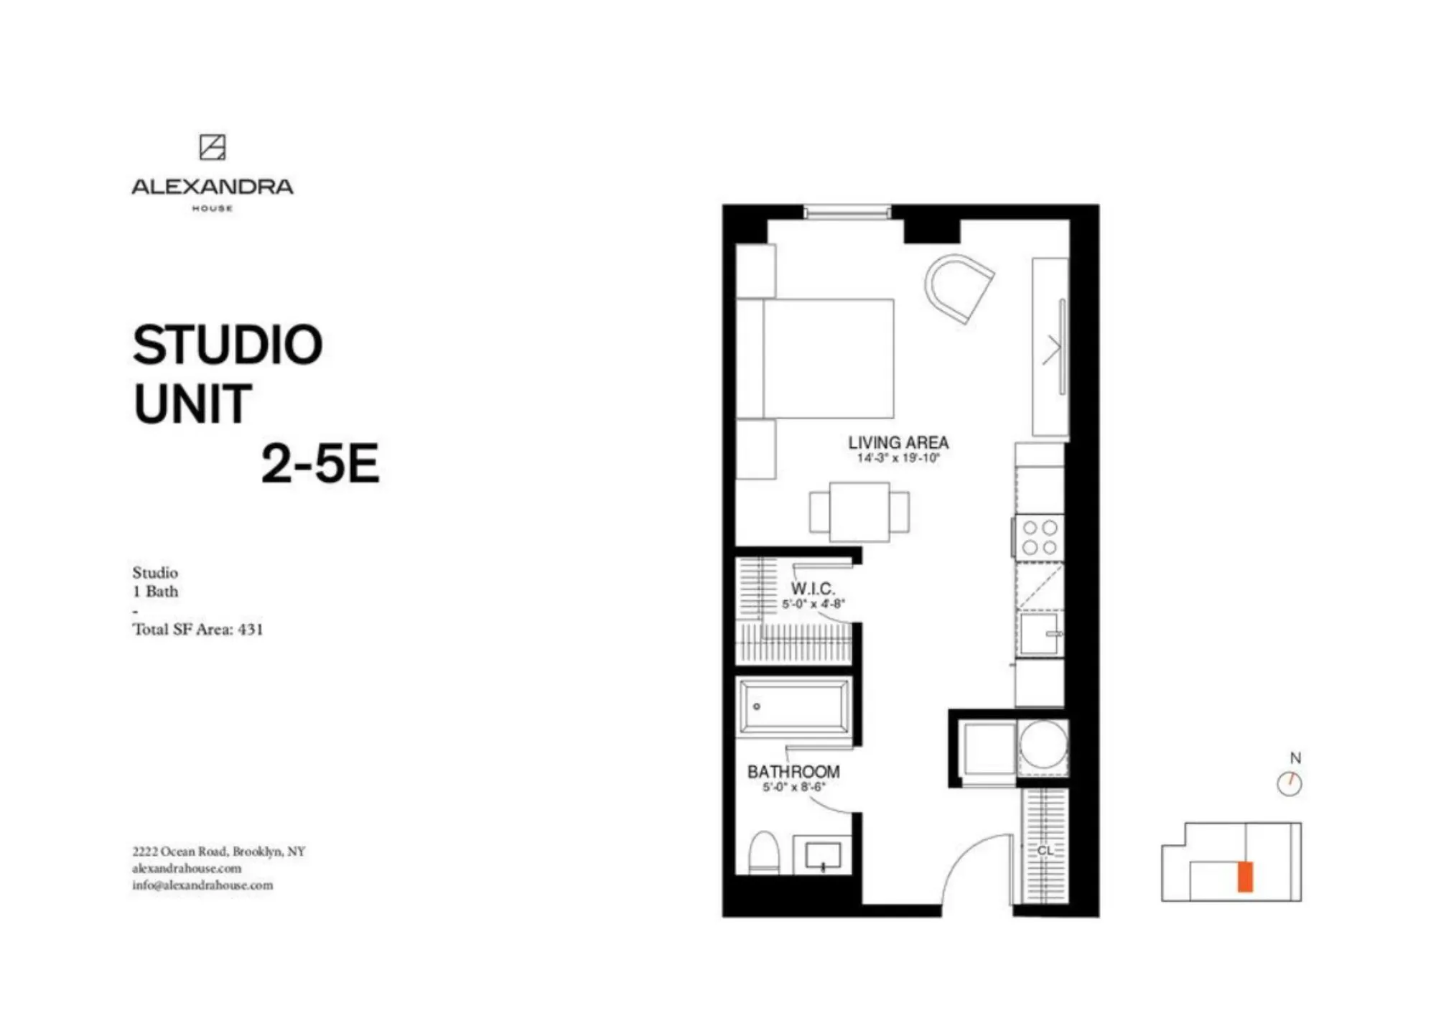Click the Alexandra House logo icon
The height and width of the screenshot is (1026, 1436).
[x=212, y=147]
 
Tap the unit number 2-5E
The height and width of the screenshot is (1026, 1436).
[x=320, y=464]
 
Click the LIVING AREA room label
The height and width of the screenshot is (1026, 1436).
[x=898, y=442]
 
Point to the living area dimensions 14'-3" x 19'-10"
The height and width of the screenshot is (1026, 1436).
[x=898, y=458]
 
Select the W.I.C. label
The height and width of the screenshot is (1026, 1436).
[x=813, y=589]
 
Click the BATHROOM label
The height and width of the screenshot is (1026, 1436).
[x=793, y=772]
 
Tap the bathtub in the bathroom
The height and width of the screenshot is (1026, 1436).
[x=794, y=706]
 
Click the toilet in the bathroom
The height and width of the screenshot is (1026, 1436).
[x=763, y=853]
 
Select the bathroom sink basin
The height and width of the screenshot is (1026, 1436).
[x=823, y=855]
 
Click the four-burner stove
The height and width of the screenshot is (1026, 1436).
[x=1040, y=538]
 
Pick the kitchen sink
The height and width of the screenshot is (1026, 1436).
[x=1039, y=633]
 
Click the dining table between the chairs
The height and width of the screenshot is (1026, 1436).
[x=859, y=512]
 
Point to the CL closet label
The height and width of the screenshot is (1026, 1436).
[x=1045, y=850]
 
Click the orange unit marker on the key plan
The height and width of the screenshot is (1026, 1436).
[x=1245, y=877]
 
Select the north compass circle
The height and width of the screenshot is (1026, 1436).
[x=1290, y=784]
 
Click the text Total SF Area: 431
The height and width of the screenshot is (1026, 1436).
[x=197, y=630]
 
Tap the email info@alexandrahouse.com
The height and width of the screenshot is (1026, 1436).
[x=202, y=885]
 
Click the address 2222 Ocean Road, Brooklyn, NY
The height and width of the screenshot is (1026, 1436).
[x=218, y=852]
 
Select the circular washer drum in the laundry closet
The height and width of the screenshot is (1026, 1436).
[x=1043, y=744]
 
